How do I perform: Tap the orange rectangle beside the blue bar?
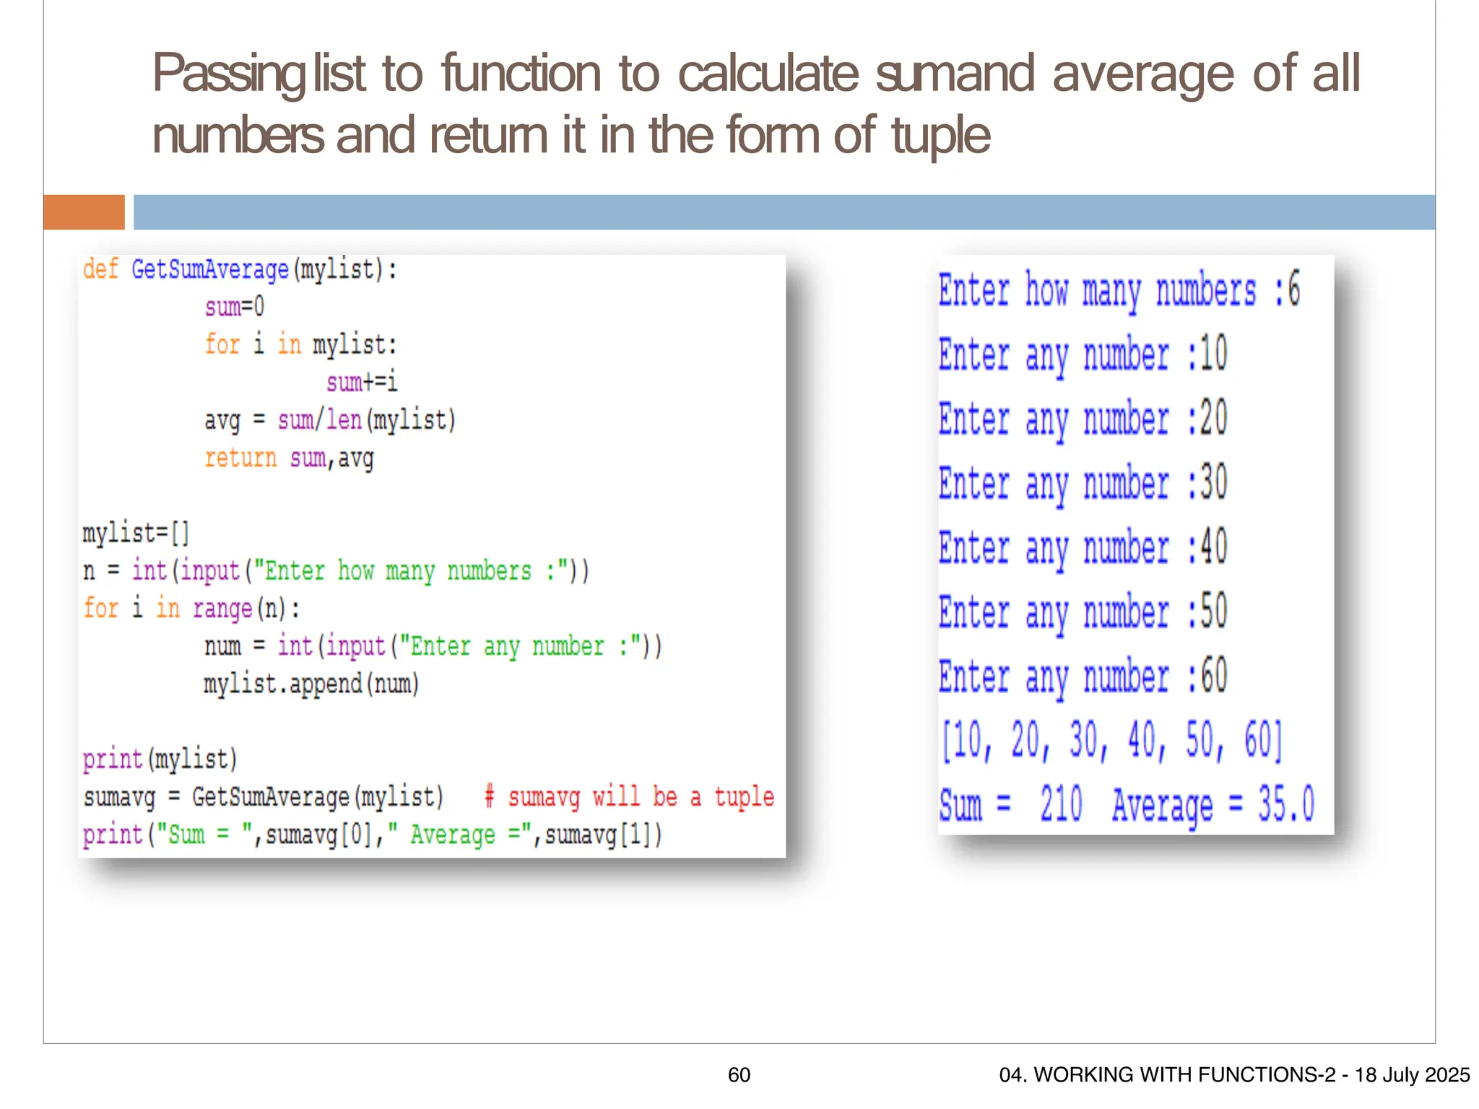tap(84, 212)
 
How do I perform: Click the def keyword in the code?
tap(100, 269)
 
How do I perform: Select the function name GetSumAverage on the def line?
tap(209, 270)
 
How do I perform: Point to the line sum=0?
tap(235, 307)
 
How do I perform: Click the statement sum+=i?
tap(362, 382)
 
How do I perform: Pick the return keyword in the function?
tap(240, 458)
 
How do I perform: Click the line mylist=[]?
tap(136, 533)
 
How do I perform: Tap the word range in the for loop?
tap(222, 609)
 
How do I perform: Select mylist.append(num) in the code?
tap(311, 683)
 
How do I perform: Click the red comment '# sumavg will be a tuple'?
tap(629, 796)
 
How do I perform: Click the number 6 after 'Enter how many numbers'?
tap(1293, 290)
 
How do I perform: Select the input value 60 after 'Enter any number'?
tap(1213, 677)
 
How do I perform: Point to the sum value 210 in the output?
tap(1061, 804)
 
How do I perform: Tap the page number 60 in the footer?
tap(739, 1075)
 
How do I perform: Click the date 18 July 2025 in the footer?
tap(1412, 1075)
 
